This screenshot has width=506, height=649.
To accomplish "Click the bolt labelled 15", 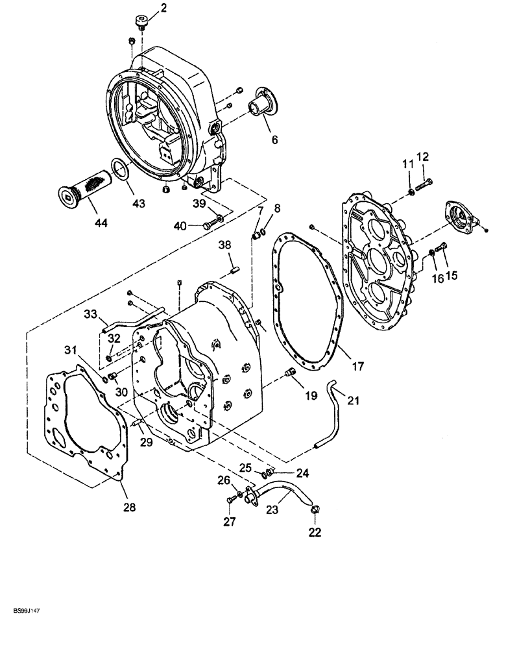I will (442, 246).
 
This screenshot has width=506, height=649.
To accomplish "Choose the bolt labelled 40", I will (208, 225).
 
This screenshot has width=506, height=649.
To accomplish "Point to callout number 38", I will (224, 245).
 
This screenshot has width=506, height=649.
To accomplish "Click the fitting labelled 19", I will (291, 372).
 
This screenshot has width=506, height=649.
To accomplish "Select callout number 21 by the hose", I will (353, 401).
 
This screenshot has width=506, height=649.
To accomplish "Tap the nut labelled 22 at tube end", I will (315, 510).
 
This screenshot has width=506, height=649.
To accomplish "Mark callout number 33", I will (90, 315).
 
